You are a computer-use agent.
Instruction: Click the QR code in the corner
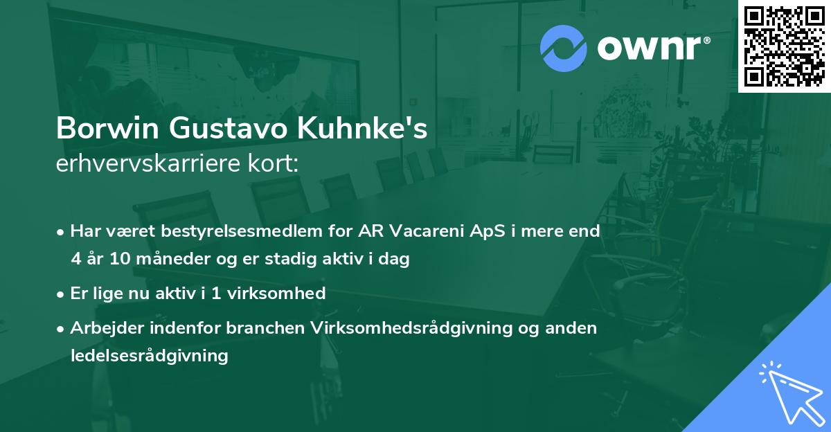(784, 46)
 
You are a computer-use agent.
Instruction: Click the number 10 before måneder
(119, 260)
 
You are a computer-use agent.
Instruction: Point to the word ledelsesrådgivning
(149, 356)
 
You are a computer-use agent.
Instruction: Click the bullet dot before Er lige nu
(62, 294)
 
